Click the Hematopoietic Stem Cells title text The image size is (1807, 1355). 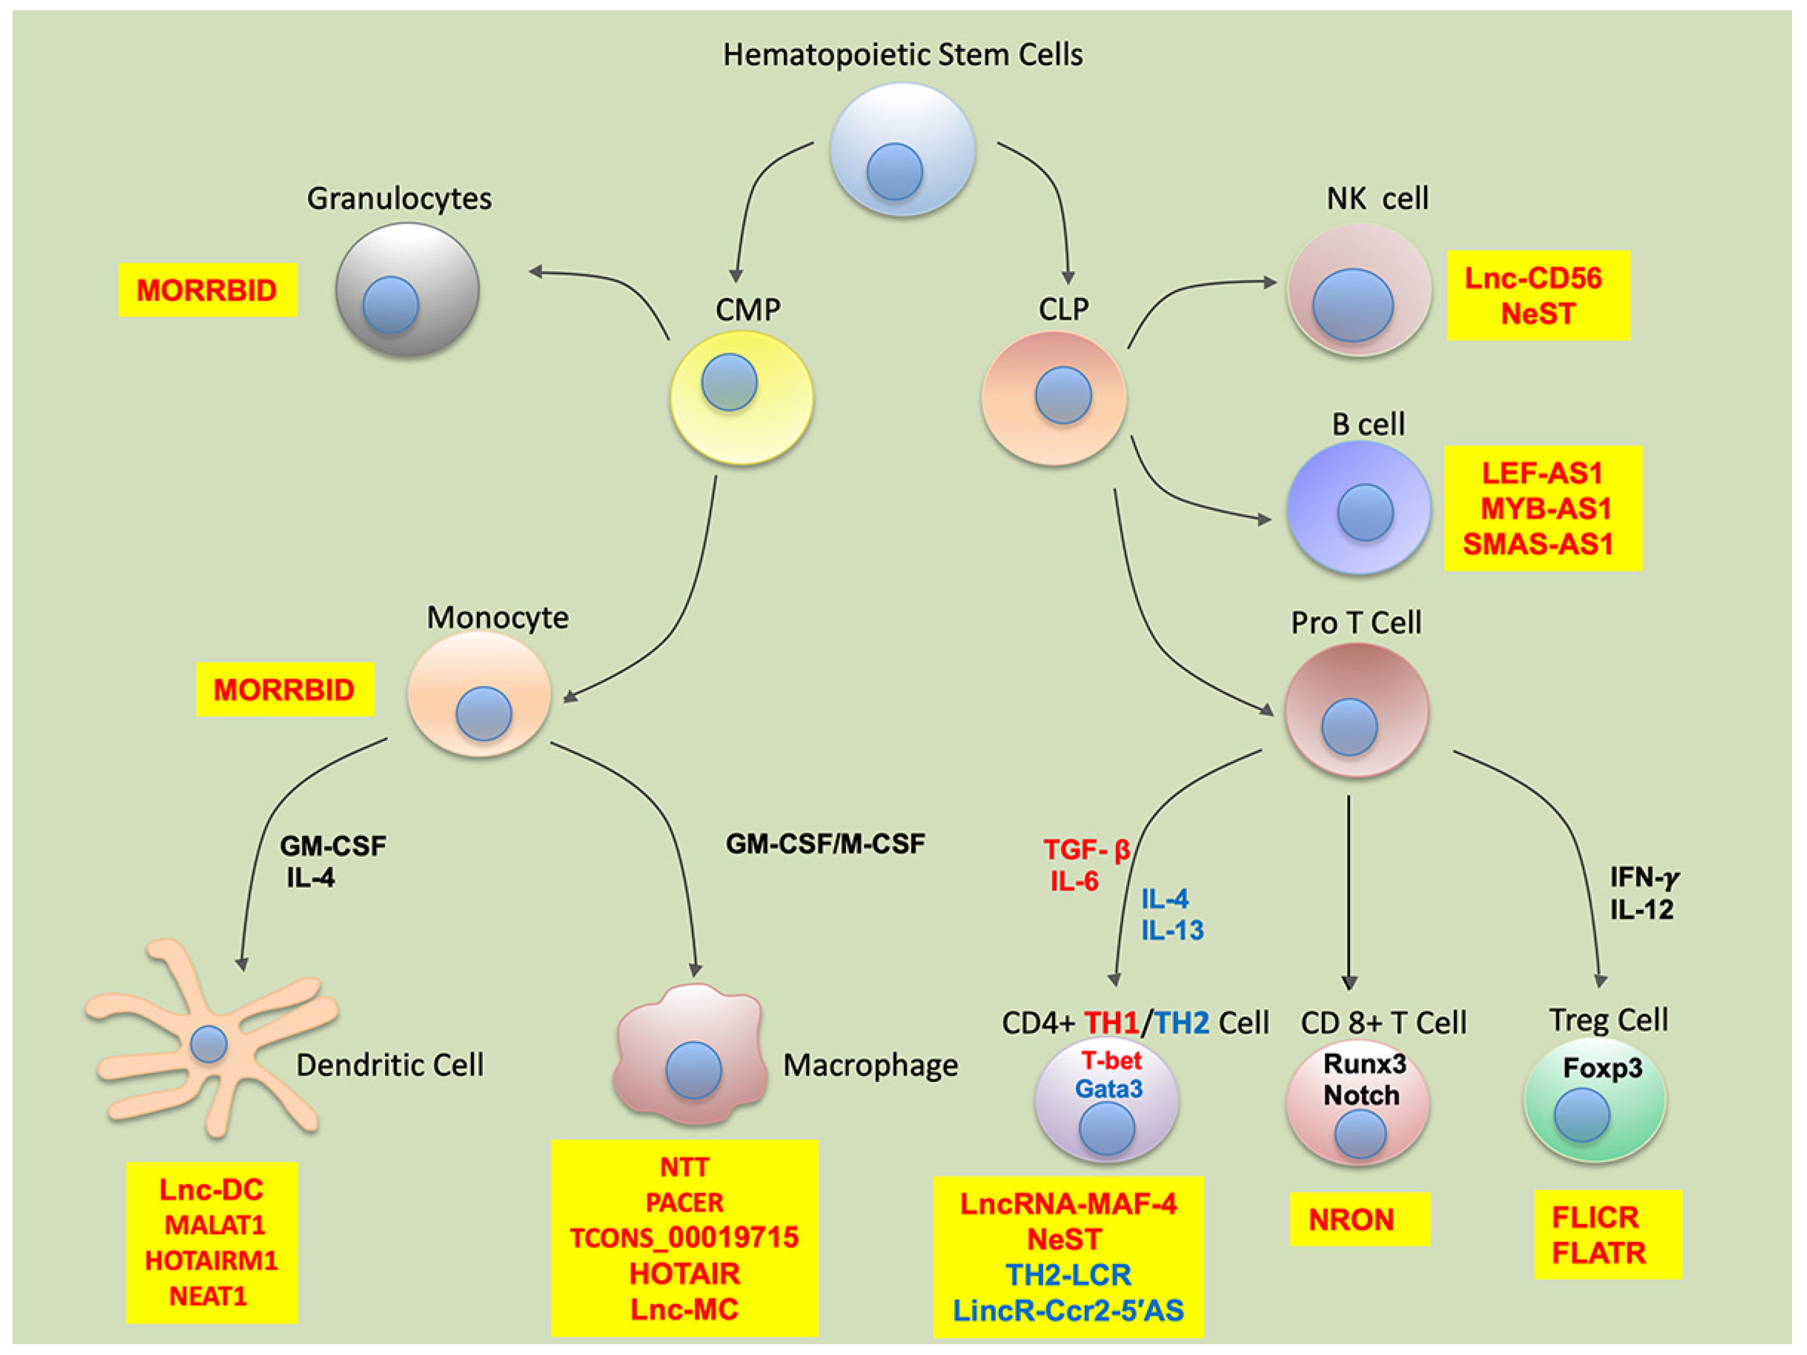click(x=902, y=55)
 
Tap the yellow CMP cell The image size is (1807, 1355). click(x=741, y=398)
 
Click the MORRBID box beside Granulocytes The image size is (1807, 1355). click(x=207, y=290)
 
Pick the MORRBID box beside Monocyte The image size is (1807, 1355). click(x=285, y=690)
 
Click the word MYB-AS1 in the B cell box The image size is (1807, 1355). click(x=1545, y=508)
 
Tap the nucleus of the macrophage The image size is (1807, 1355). click(x=693, y=1070)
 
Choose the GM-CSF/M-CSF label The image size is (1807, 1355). click(x=825, y=844)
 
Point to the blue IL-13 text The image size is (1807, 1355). click(x=1172, y=930)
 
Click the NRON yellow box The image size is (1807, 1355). click(x=1359, y=1220)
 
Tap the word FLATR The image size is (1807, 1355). click(x=1598, y=1253)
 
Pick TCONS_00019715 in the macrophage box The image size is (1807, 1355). click(x=684, y=1238)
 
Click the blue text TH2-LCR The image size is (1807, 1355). click(x=1068, y=1275)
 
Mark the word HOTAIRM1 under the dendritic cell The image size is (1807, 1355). click(x=211, y=1261)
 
